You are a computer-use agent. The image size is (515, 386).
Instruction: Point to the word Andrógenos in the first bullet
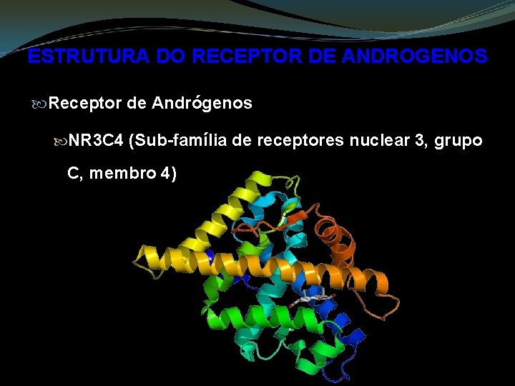(x=202, y=104)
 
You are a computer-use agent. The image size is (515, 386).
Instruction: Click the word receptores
(x=300, y=141)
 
